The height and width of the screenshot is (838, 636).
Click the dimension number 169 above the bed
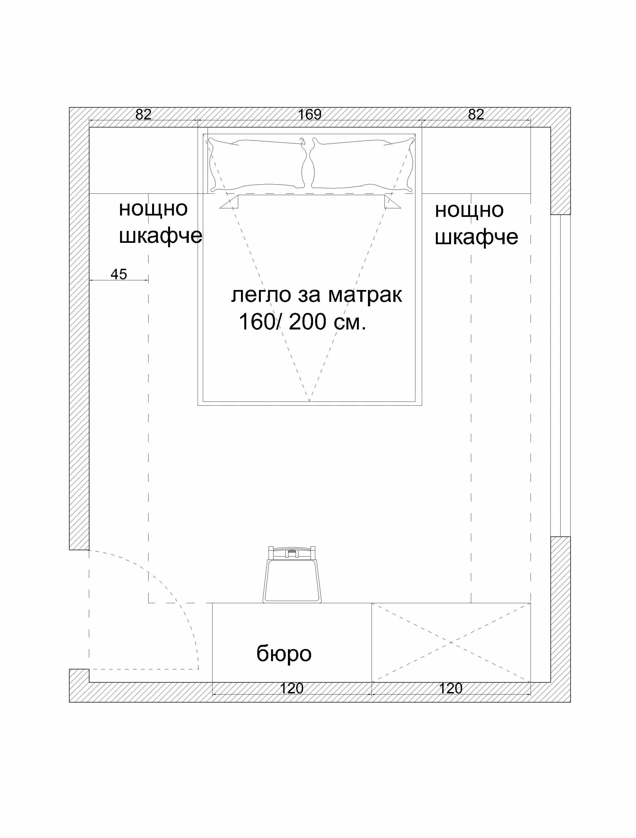(x=310, y=114)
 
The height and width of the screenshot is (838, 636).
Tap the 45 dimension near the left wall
(x=119, y=274)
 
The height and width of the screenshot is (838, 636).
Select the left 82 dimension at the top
(x=143, y=114)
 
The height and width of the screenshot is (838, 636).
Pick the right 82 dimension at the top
(x=476, y=114)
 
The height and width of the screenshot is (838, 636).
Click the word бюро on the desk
(x=284, y=654)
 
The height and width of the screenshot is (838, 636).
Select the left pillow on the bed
(x=258, y=164)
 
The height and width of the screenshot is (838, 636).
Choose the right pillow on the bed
(x=362, y=164)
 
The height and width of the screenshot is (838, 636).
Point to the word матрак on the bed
(x=365, y=295)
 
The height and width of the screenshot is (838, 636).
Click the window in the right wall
(x=560, y=375)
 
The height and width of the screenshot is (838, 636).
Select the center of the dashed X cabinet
(x=451, y=643)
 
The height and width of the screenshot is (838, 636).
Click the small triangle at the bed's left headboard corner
(x=229, y=202)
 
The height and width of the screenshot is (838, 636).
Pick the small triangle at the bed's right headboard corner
(x=392, y=202)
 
